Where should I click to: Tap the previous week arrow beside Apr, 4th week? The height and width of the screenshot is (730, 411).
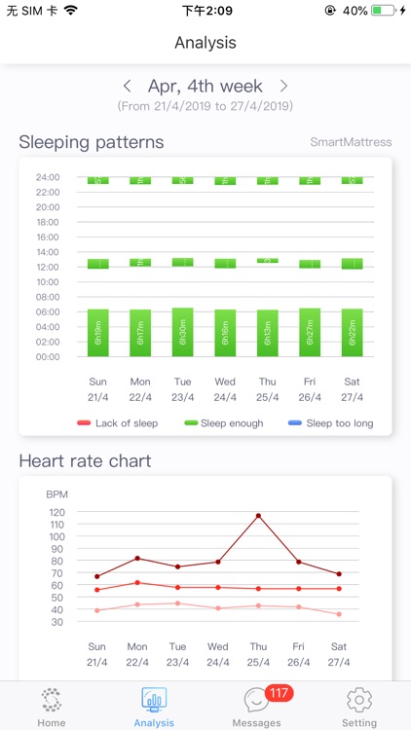coord(128,87)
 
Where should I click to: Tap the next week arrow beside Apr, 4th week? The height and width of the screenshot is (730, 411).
coord(283,87)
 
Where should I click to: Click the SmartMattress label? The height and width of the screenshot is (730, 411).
coord(351,142)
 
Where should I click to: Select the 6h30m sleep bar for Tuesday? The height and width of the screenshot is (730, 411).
coord(182,332)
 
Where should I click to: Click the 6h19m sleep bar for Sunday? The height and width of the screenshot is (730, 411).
coord(97,333)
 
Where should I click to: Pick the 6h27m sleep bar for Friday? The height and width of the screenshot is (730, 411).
coord(310,332)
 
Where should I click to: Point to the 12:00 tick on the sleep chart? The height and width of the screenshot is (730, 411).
coord(48,267)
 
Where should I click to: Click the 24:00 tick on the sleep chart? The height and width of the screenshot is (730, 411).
coord(48,177)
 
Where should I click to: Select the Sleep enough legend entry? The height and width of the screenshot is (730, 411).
coord(225,423)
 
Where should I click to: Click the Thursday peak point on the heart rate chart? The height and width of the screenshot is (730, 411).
coord(258,516)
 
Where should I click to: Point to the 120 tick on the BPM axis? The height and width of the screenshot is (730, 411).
coord(56,512)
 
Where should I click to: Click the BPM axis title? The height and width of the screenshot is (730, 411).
coord(57,494)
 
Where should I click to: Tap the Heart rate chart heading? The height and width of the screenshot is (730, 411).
coord(85,460)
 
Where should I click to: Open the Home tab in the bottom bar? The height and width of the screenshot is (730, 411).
coord(52,706)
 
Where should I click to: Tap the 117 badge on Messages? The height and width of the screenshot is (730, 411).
coord(280,693)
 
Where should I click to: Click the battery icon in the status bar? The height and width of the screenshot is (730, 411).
coord(384,11)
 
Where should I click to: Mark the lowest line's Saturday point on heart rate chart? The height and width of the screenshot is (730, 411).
coord(339,614)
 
